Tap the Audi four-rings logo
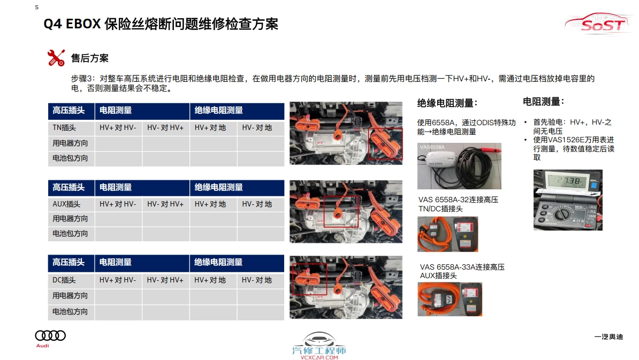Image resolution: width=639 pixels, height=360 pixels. click(50, 336)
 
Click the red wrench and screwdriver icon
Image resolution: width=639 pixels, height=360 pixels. click(56, 58)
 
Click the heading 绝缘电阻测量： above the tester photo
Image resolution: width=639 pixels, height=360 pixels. click(447, 103)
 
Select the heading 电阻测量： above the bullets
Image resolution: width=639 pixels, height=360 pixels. click(543, 101)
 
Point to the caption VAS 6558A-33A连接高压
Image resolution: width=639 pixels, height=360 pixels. click(462, 267)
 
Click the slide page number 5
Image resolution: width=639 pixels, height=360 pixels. click(36, 7)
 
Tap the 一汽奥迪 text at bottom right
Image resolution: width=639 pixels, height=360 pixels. click(608, 337)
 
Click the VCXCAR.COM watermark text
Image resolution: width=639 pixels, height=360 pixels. click(319, 357)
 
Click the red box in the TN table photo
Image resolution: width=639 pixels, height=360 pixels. click(385, 144)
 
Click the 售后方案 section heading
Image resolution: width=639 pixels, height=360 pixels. click(89, 58)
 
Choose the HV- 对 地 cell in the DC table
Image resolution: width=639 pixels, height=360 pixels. click(257, 280)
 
